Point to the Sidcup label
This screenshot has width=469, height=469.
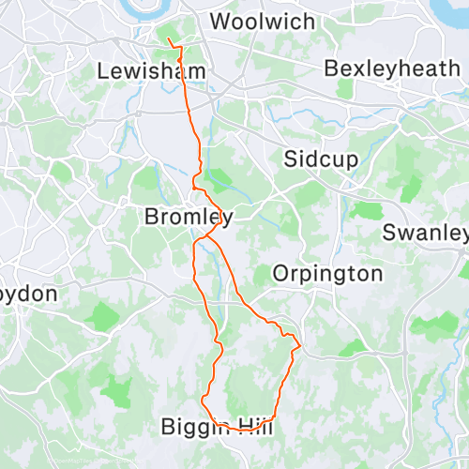pos(321,159)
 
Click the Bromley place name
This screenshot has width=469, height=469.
pos(188,217)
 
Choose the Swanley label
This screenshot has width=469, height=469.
pos(425,232)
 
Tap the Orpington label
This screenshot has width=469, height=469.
pos(327,274)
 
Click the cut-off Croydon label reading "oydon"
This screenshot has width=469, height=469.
pos(28,294)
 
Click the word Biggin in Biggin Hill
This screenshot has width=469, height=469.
pos(194,428)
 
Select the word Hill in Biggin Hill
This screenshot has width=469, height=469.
pos(252,428)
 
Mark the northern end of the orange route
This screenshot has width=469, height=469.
pos(168,39)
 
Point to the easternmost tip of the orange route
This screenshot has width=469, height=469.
pos(299,347)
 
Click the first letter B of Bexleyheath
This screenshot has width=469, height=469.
pos(330,68)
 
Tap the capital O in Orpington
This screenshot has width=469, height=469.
pos(280,274)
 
